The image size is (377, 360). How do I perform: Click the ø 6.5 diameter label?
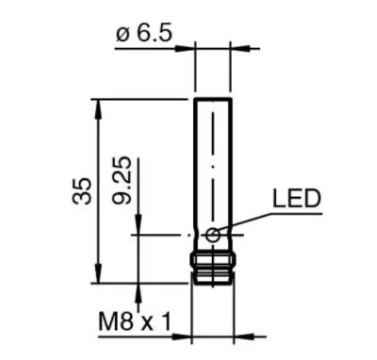144,34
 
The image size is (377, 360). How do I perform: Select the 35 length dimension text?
82,191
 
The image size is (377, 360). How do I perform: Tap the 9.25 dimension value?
122,180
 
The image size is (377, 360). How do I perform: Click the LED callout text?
297,199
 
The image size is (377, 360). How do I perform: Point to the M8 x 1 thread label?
135,321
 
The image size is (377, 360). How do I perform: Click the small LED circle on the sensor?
213,236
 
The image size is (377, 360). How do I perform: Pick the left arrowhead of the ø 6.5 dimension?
185,49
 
